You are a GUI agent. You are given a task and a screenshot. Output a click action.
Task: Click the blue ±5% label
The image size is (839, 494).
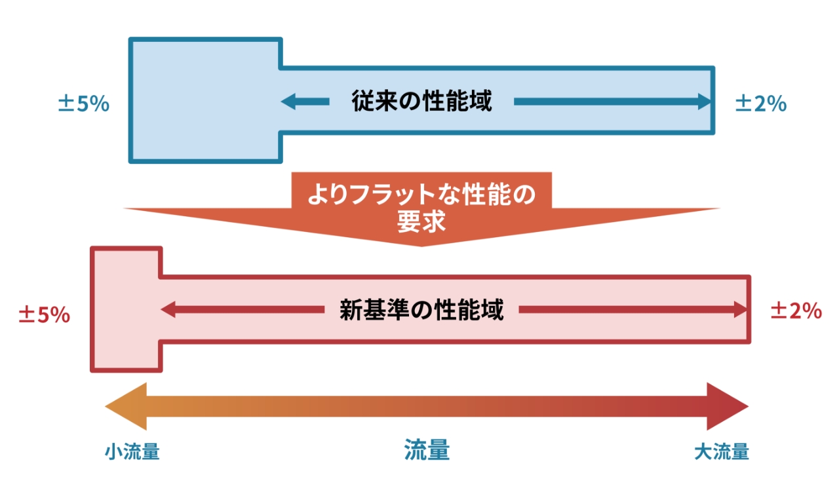point(83,104)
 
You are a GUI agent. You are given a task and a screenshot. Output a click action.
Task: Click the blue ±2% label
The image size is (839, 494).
point(760,104)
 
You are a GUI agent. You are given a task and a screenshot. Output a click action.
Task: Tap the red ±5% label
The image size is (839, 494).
point(44,314)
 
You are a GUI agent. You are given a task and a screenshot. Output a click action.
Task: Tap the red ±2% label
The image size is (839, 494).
point(796,311)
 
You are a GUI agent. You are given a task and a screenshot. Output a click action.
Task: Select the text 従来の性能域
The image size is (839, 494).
point(421,102)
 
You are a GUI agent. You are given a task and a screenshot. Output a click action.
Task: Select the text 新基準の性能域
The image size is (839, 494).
point(421,310)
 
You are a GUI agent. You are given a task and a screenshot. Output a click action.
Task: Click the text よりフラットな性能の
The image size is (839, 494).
point(421,195)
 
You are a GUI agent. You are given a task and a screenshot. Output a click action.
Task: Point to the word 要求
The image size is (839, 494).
point(421,222)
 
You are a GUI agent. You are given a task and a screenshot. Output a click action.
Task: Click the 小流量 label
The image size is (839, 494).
point(132,452)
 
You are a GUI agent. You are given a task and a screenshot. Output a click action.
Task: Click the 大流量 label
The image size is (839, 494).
point(721,452)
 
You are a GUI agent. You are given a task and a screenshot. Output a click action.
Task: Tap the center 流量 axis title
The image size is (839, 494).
point(427,451)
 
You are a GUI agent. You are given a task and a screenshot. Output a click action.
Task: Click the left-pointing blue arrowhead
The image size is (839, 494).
point(288,102)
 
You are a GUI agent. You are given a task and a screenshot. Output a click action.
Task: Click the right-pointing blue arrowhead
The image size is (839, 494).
point(705,102)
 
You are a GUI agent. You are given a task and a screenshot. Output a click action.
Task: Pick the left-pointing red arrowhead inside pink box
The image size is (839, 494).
point(168,310)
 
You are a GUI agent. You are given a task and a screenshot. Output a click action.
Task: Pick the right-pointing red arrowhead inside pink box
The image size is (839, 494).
point(741,310)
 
